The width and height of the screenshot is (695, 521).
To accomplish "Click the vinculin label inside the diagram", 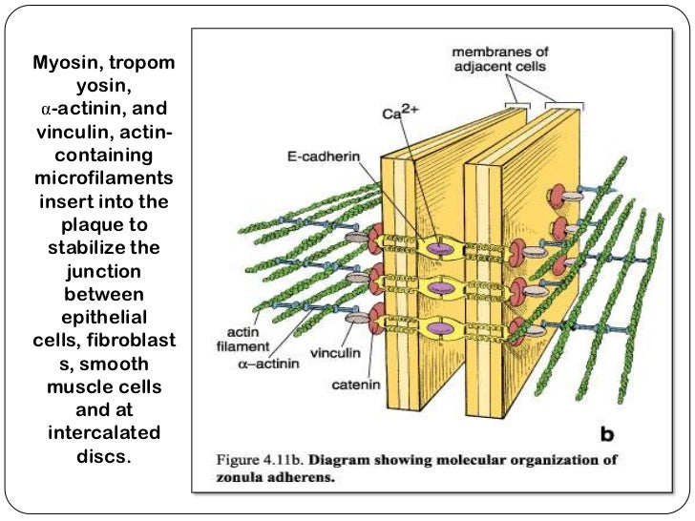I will (333, 351).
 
